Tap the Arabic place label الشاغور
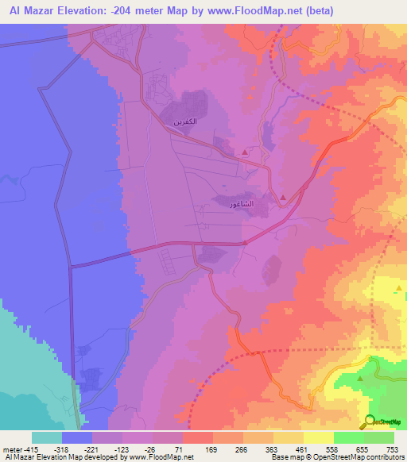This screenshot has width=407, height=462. click(x=240, y=204)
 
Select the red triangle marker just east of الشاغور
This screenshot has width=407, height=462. click(x=283, y=197)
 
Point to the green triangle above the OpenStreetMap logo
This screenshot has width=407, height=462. click(x=360, y=378)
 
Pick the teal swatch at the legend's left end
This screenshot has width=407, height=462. click(x=47, y=437)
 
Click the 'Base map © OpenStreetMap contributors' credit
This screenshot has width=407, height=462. click(x=335, y=456)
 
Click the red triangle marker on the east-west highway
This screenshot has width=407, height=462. click(x=245, y=243)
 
